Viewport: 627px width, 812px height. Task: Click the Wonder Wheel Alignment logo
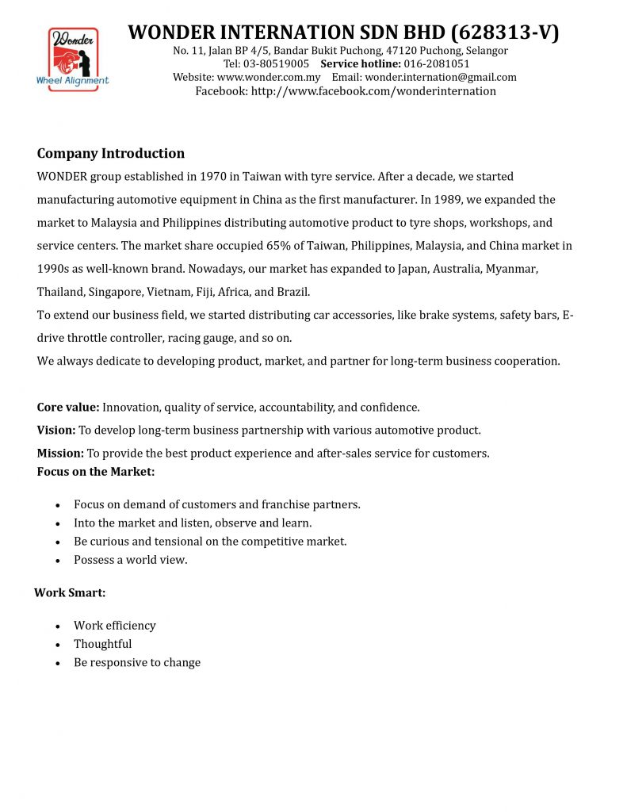coord(73,59)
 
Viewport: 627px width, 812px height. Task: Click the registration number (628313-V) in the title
coord(505,33)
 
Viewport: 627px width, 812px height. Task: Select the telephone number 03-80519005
coord(277,64)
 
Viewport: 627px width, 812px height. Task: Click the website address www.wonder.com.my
coord(268,78)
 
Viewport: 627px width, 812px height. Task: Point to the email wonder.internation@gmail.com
coord(440,78)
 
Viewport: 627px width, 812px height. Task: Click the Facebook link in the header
coord(373,91)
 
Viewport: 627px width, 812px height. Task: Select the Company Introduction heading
coord(111,153)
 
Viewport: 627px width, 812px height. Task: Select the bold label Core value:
coord(68,408)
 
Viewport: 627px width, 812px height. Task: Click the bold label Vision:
coord(56,431)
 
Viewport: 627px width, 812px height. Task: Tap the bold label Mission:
coord(60,454)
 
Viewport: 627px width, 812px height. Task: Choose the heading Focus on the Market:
coord(96,472)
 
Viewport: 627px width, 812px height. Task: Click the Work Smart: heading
coord(70,593)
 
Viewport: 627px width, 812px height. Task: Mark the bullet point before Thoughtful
coord(59,645)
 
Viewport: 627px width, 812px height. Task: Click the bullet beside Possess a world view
coord(59,561)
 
